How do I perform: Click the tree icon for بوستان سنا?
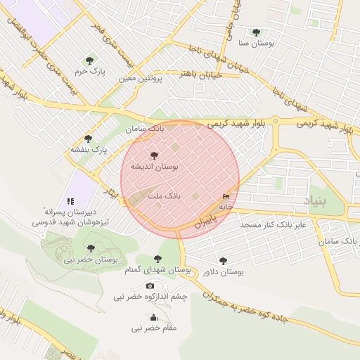pos(255,32)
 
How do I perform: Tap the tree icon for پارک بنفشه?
pos(88,139)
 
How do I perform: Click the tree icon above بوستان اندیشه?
pos(154,155)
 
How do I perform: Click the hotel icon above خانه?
pos(226,196)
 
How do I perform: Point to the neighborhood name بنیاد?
pos(315,202)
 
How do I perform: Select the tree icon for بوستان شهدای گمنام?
pos(157,259)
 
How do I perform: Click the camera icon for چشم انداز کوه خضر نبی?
pos(150,285)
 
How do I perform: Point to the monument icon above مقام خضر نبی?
pos(153,316)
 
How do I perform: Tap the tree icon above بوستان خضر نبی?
pos(91,247)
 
